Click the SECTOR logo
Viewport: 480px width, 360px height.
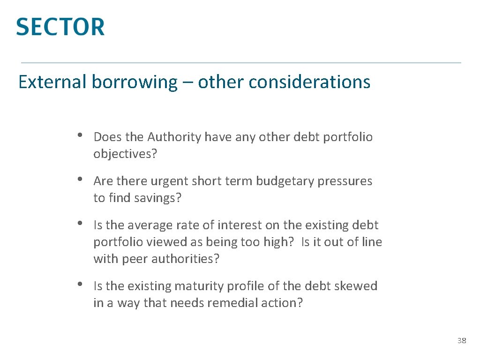tap(60, 27)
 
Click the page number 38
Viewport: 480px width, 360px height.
tap(462, 341)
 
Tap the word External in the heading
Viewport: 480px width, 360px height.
tap(52, 82)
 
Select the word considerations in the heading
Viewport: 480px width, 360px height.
tap(309, 82)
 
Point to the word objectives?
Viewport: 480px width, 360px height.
tap(125, 154)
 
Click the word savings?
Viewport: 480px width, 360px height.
tap(157, 198)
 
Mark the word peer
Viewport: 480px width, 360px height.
tap(135, 259)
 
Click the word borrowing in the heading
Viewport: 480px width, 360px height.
tap(134, 82)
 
